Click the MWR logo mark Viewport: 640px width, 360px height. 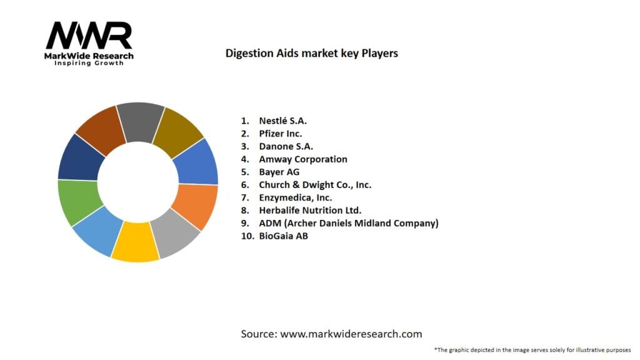pyautogui.click(x=89, y=36)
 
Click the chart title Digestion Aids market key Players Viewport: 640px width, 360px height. pyautogui.click(x=311, y=53)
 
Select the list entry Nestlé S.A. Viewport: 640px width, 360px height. pyautogui.click(x=282, y=120)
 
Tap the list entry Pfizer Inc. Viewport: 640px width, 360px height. pyautogui.click(x=280, y=133)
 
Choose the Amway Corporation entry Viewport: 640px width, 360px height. pyautogui.click(x=302, y=159)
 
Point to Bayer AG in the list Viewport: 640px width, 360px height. pyautogui.click(x=279, y=172)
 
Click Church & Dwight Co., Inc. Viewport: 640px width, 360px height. pyautogui.click(x=315, y=185)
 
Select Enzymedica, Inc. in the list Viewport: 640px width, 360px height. pyautogui.click(x=295, y=197)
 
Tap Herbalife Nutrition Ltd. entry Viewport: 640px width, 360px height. pyautogui.click(x=310, y=211)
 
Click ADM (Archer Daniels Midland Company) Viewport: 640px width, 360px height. pyautogui.click(x=348, y=223)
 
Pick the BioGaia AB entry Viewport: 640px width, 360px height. pyautogui.click(x=283, y=236)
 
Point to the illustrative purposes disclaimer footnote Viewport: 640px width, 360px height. pyautogui.click(x=532, y=350)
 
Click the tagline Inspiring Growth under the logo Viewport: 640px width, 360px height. pyautogui.click(x=89, y=63)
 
